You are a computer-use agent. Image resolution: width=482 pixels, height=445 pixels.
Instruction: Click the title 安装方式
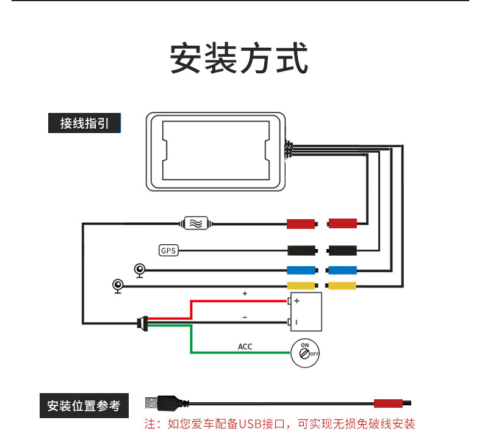point(239,59)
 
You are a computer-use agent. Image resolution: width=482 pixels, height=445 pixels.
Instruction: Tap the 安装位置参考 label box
point(84,405)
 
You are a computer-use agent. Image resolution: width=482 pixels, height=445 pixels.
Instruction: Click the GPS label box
point(168,250)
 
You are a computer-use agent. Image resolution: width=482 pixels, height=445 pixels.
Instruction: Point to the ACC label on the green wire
point(245,347)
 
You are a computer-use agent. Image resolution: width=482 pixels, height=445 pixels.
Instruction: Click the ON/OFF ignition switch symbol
point(304,352)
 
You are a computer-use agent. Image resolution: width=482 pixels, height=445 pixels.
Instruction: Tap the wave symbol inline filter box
point(197,223)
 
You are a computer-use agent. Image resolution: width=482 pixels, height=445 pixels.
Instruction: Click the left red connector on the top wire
point(301,223)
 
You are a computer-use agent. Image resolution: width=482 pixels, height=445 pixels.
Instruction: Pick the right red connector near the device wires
point(343,223)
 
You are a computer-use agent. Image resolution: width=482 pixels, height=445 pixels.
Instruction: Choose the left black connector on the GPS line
point(301,250)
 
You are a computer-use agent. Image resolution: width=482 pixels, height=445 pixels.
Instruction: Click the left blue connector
point(301,270)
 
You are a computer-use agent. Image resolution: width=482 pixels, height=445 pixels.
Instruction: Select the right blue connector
point(343,270)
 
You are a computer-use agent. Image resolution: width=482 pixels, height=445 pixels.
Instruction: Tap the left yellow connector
point(301,286)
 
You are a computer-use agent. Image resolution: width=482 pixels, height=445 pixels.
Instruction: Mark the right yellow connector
point(343,286)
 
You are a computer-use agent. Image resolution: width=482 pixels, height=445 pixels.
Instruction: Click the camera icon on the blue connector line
point(140,270)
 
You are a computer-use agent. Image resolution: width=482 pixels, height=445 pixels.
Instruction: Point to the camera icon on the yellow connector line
point(118,286)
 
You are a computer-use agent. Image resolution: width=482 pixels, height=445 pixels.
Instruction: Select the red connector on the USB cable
point(388,403)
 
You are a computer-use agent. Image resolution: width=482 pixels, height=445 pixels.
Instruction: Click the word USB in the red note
point(250,424)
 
